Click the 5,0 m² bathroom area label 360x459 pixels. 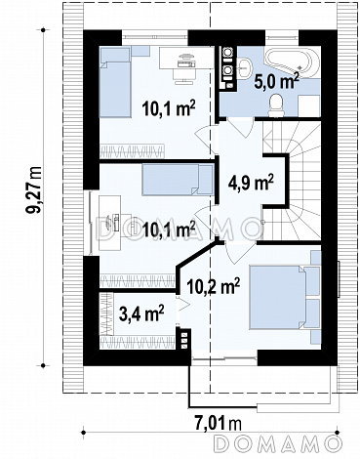[276, 81]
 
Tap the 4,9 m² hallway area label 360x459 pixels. [250, 184]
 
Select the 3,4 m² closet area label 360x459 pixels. [141, 313]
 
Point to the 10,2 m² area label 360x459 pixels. [214, 285]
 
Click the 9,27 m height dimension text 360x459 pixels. [34, 189]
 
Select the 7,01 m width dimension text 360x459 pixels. [219, 424]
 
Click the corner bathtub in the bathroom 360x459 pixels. [292, 63]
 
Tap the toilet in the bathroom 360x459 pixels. [276, 104]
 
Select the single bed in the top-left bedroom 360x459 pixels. [115, 82]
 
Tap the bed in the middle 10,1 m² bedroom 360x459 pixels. [178, 180]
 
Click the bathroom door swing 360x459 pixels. [240, 128]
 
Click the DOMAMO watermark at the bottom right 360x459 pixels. [279, 443]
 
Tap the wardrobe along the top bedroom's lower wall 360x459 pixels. [132, 151]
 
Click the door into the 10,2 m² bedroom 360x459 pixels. [238, 252]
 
